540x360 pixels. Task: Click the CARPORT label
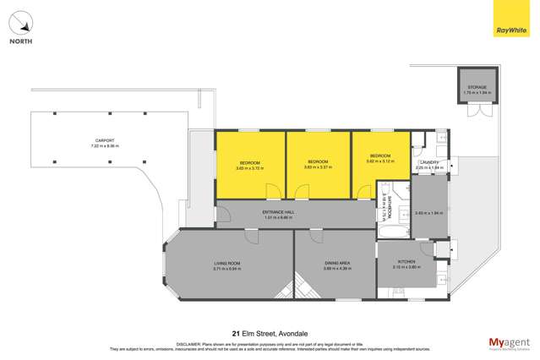click(x=82, y=140)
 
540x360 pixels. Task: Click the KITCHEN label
click(x=406, y=262)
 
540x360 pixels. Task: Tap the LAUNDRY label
click(x=429, y=162)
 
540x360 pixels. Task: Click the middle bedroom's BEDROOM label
click(x=317, y=161)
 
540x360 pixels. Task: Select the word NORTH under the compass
click(x=22, y=41)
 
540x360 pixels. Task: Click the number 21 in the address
click(x=237, y=333)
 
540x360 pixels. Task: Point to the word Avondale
click(x=291, y=333)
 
